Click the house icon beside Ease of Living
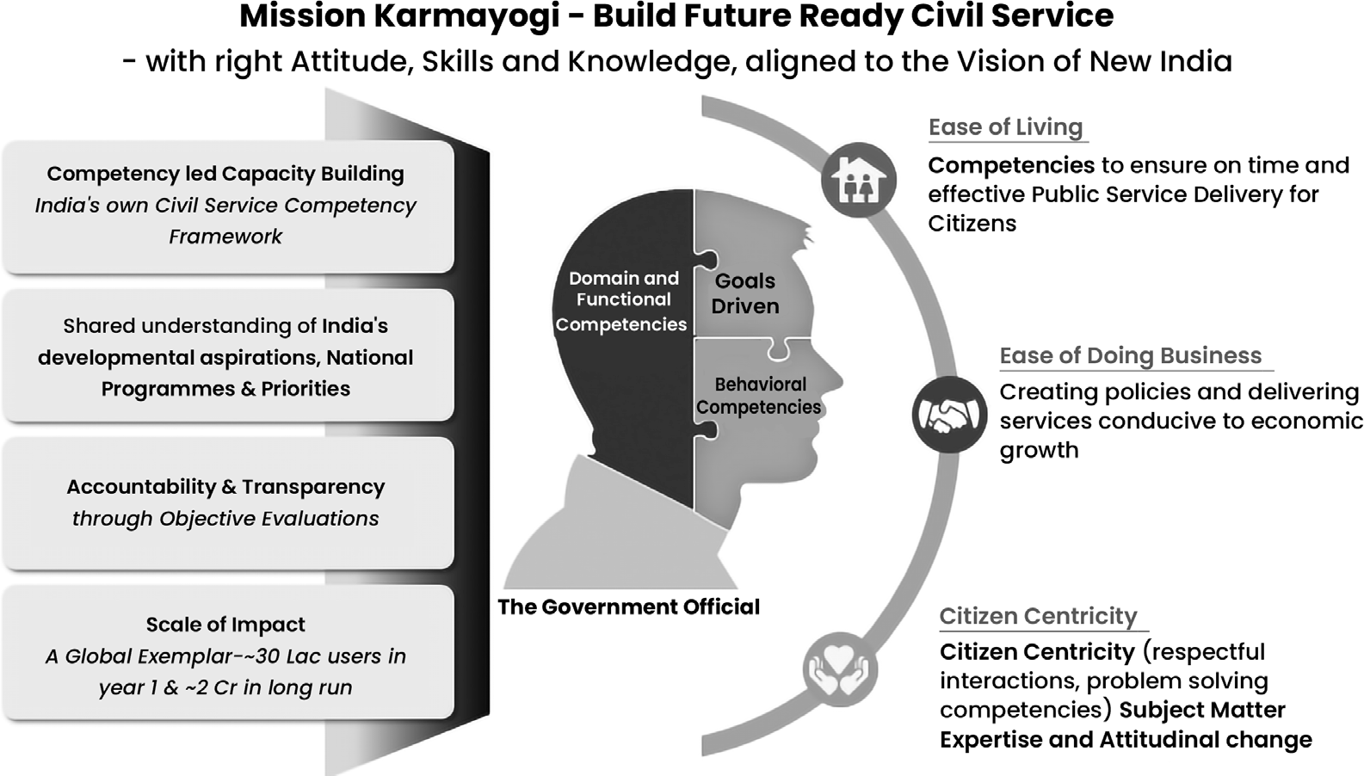click(x=859, y=180)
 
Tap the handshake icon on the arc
click(x=949, y=415)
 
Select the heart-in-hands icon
click(x=840, y=670)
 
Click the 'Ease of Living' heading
click(x=1005, y=127)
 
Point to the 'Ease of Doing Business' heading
click(x=1131, y=355)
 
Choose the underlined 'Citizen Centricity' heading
click(x=1038, y=616)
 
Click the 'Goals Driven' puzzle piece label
click(x=745, y=293)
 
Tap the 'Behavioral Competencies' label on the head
click(x=759, y=396)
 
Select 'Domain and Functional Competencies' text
click(x=621, y=301)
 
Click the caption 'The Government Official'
click(x=629, y=607)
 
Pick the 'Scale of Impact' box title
click(x=225, y=625)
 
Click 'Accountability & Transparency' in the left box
click(x=225, y=487)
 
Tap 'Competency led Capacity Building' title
click(x=225, y=174)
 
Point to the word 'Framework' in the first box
click(x=225, y=236)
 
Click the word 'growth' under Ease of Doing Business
click(x=1039, y=451)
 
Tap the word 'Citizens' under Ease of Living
click(x=972, y=224)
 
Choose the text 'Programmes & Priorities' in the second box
click(x=225, y=389)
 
